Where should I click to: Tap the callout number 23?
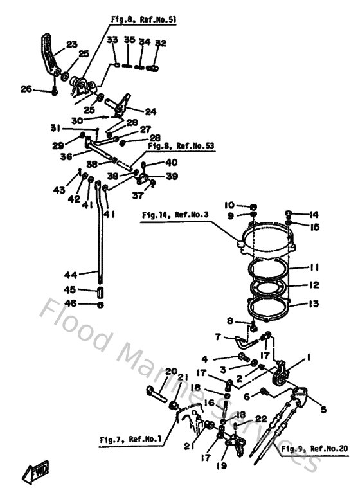coord(71,44)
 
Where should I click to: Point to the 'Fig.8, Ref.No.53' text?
coord(182,146)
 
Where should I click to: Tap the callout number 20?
coord(171,371)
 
